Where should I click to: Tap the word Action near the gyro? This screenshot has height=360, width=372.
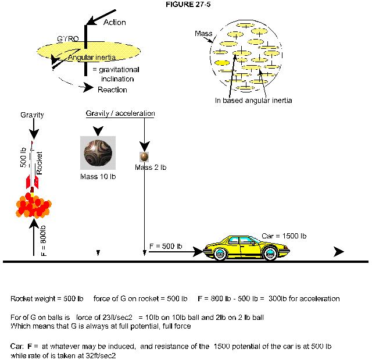pyautogui.click(x=114, y=22)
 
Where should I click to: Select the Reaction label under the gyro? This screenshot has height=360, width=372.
pyautogui.click(x=112, y=90)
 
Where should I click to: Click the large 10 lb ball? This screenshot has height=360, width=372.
pyautogui.click(x=98, y=154)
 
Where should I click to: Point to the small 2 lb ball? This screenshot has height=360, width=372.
pyautogui.click(x=144, y=157)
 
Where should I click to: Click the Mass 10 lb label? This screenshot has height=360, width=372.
pyautogui.click(x=98, y=176)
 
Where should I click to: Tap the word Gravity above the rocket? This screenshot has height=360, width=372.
pyautogui.click(x=32, y=115)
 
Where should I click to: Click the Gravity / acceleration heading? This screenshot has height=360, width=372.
pyautogui.click(x=120, y=113)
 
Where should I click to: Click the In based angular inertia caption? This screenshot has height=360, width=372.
pyautogui.click(x=253, y=101)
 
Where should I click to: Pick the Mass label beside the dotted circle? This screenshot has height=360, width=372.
pyautogui.click(x=203, y=35)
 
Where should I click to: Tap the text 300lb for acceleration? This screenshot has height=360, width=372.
pyautogui.click(x=304, y=298)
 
